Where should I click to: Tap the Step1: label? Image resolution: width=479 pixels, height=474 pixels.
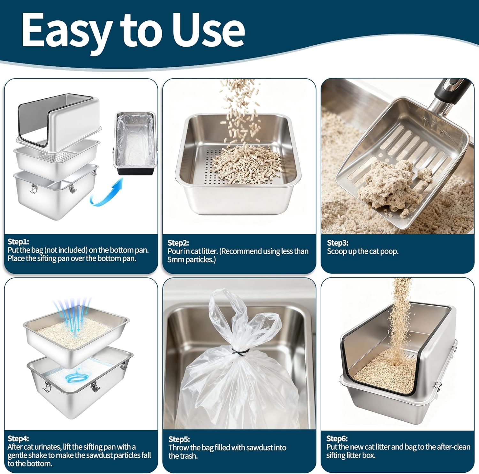point(19,241)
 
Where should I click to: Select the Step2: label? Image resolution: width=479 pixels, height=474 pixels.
point(179,243)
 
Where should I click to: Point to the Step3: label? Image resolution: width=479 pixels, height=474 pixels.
point(338,243)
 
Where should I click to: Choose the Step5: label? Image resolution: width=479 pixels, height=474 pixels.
point(179,439)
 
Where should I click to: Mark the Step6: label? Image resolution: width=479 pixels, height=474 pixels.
point(337,438)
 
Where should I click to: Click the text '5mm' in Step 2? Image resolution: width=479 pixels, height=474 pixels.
point(176,260)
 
